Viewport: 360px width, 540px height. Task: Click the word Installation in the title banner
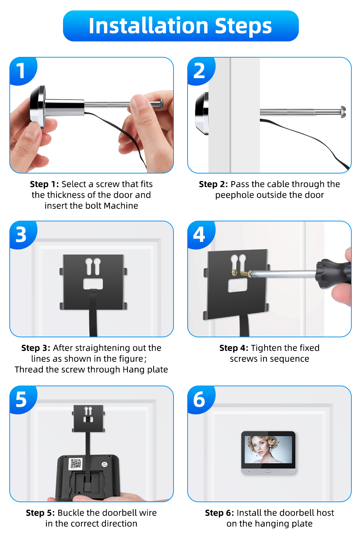point(148,26)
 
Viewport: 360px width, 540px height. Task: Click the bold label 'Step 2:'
point(213,184)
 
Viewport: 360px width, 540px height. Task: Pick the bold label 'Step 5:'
point(40,513)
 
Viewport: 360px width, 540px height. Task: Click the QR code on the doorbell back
point(76,464)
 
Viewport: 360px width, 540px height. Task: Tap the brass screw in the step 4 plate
point(241,273)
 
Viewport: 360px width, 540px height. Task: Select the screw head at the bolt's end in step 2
point(343,112)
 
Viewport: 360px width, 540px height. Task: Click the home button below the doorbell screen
point(268,471)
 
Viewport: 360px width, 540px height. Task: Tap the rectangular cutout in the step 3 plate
point(93,284)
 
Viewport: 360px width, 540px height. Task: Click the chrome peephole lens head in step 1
point(38,106)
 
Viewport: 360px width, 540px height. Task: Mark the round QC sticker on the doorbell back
point(104,464)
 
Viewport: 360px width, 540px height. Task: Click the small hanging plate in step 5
point(89,418)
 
